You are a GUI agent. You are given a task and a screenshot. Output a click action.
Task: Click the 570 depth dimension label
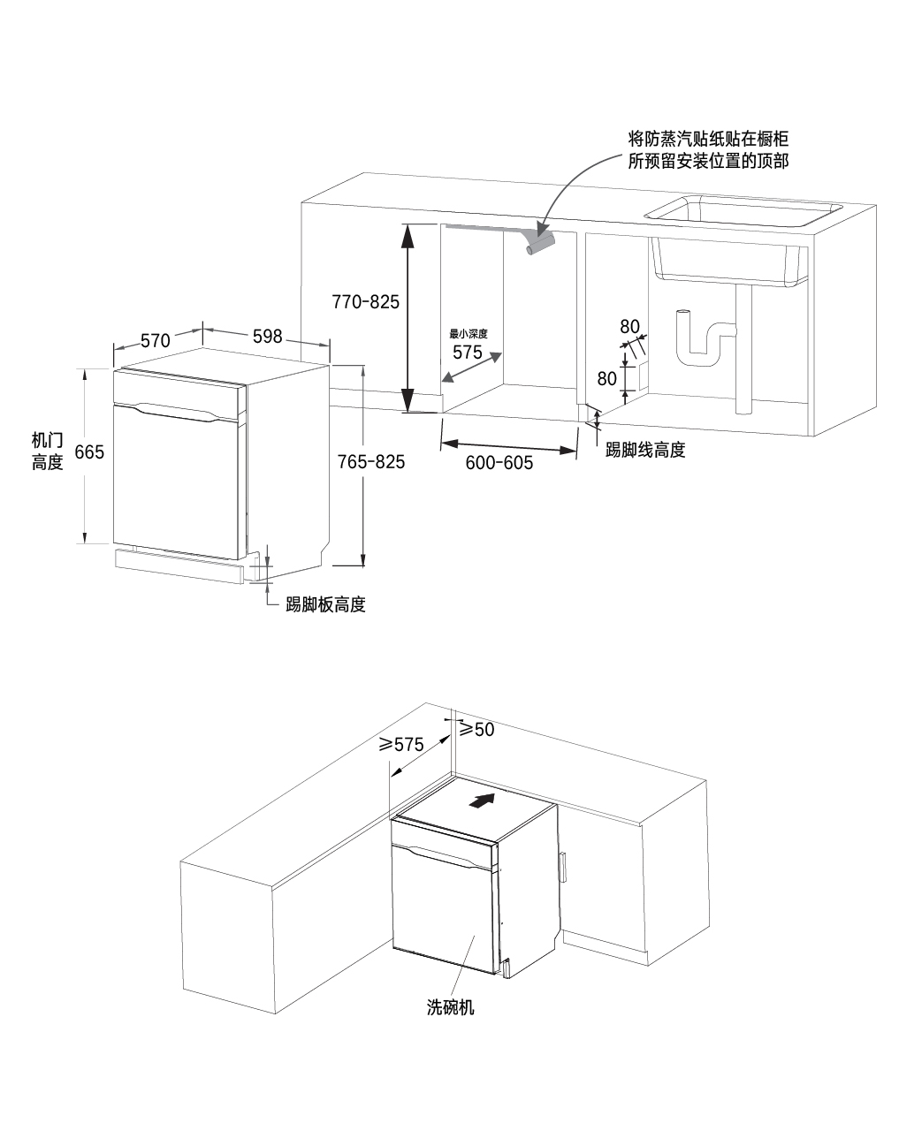[155, 340]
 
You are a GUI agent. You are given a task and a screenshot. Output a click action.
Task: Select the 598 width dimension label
[267, 336]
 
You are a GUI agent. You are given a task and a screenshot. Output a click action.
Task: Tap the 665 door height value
[89, 452]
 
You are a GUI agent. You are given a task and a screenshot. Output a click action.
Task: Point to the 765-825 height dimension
[371, 461]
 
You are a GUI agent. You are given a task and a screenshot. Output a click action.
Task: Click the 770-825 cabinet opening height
[366, 301]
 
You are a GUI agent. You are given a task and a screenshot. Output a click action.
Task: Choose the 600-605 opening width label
[499, 461]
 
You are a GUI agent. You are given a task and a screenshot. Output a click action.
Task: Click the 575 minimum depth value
[468, 352]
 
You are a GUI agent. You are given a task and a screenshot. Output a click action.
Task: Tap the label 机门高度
[48, 451]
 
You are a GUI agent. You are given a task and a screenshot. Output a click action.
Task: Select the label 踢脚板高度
[325, 605]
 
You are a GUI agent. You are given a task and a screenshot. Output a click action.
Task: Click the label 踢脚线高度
[645, 450]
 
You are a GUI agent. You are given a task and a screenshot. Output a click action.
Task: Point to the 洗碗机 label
[451, 1007]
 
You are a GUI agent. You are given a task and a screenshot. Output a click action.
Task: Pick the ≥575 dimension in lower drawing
[402, 744]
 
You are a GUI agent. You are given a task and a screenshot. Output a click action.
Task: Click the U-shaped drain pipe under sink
[705, 340]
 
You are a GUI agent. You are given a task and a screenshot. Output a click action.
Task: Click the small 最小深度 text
[469, 334]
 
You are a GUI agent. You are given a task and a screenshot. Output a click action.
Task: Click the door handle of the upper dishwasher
[177, 413]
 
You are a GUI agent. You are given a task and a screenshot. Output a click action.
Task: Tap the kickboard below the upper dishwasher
[179, 564]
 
